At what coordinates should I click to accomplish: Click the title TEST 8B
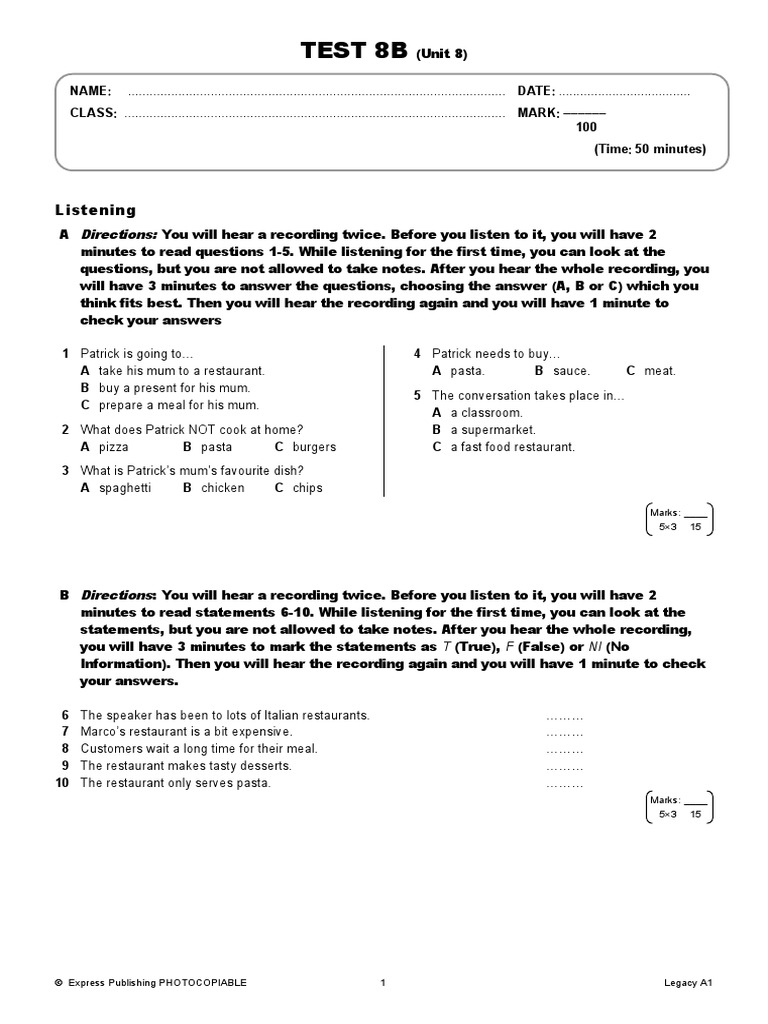coord(356,52)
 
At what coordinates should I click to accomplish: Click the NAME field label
coord(90,91)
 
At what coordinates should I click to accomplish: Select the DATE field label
coord(536,91)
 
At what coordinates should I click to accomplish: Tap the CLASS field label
coord(93,113)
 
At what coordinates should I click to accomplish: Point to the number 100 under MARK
coord(586,127)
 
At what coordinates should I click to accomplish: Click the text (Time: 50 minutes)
coord(650,149)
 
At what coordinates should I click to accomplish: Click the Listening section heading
coord(95,210)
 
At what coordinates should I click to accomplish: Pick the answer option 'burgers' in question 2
coord(314,447)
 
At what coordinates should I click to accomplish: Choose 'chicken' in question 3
coord(222,488)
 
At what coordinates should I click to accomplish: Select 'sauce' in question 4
coord(571,371)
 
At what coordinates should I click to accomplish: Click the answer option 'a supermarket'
coord(492,430)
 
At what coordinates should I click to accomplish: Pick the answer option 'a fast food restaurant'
coord(512,447)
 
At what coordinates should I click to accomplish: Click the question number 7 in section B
coord(65,732)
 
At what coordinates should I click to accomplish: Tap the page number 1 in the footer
coord(383,983)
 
